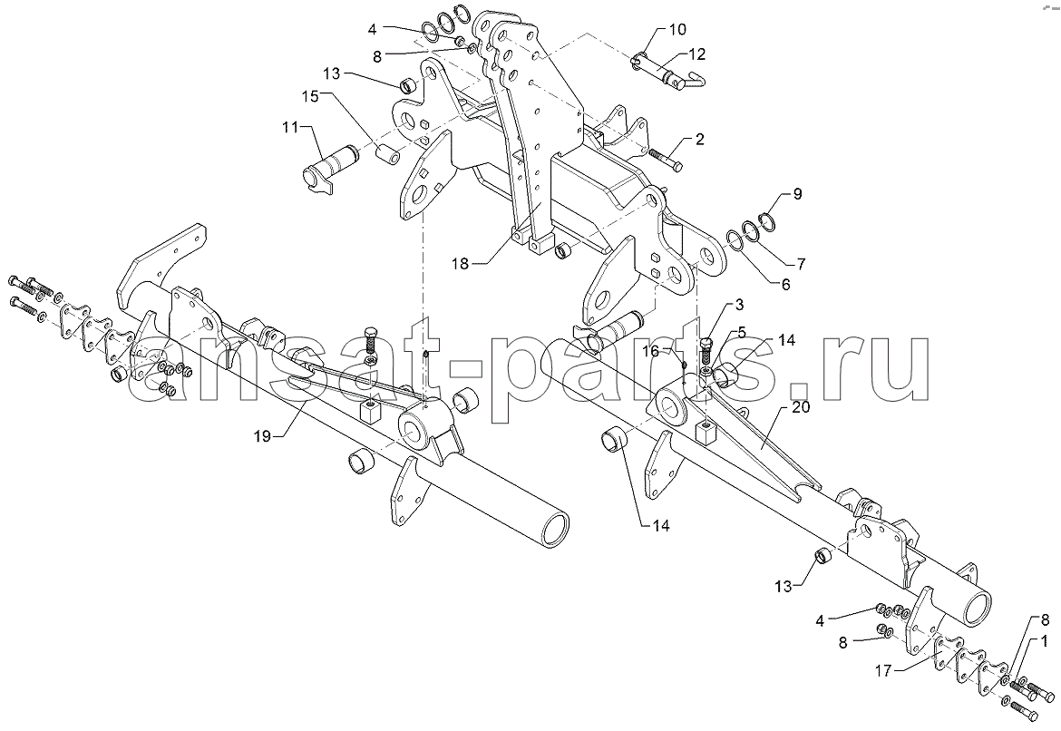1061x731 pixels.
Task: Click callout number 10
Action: [677, 29]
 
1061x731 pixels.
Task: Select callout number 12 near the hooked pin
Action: [697, 54]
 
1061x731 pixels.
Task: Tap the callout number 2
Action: [700, 140]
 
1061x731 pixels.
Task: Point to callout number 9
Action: [797, 194]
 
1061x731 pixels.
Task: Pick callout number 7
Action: [801, 262]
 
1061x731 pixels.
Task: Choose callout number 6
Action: [785, 285]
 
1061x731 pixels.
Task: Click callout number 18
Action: [460, 264]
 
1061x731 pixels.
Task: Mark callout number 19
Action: [263, 436]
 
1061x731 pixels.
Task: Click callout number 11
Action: [289, 127]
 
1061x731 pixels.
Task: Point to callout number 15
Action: [310, 97]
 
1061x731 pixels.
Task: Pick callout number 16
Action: [650, 351]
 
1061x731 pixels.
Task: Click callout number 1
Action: [1045, 639]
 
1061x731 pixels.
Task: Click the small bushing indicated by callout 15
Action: [388, 148]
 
